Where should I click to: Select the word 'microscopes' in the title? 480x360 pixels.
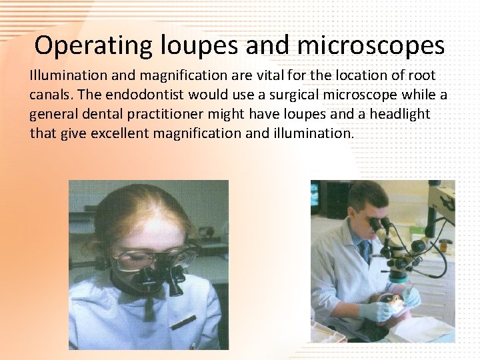tap(371, 45)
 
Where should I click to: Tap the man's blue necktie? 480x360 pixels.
tap(365, 252)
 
